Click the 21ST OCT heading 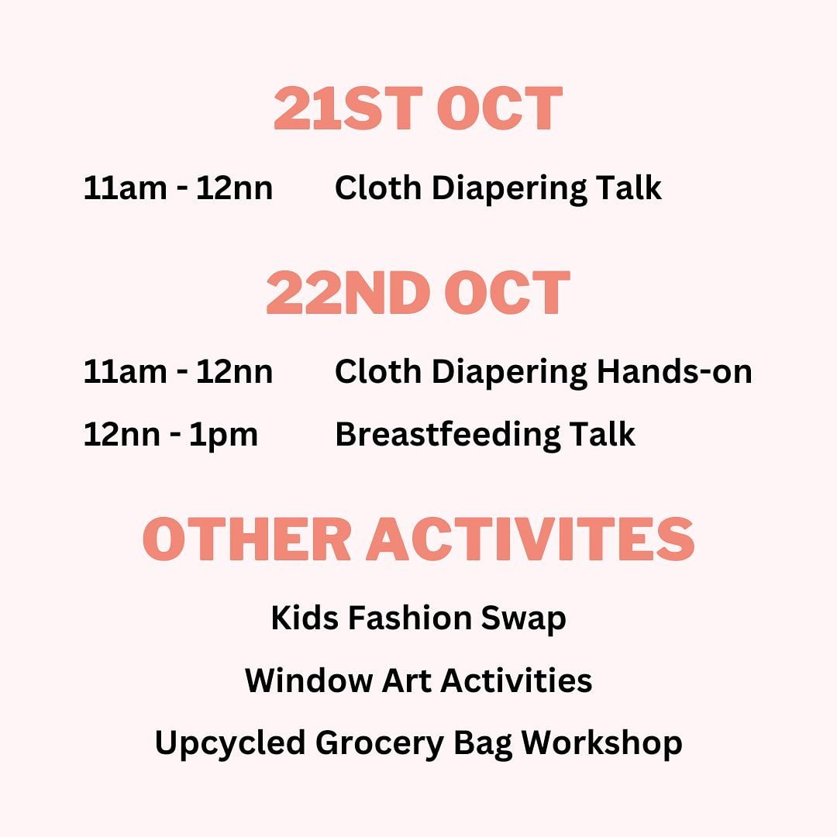click(418, 108)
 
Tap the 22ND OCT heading click(418, 292)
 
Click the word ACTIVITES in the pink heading click(530, 539)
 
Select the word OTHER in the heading click(246, 539)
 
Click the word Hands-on click(674, 371)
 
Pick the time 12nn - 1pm click(170, 435)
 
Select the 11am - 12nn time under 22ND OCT click(178, 371)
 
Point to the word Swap click(523, 619)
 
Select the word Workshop click(601, 744)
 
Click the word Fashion click(409, 618)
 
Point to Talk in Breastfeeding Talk click(602, 434)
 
